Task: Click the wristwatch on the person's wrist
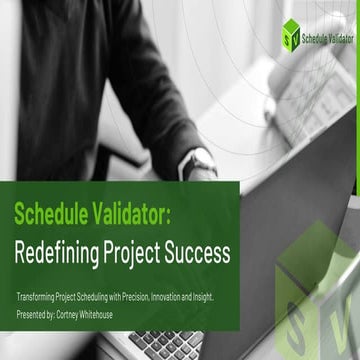pyautogui.click(x=201, y=161)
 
